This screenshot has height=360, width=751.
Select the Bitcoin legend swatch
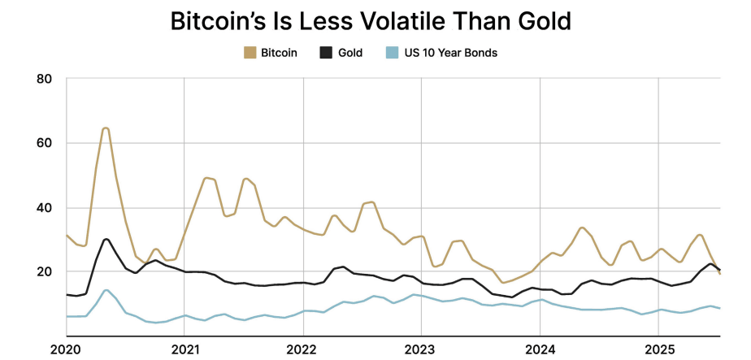250,53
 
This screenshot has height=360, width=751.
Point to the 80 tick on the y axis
45,79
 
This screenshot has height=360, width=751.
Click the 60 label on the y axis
45,143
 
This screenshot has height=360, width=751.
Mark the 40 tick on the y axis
45,207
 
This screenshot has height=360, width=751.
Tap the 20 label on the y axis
45,271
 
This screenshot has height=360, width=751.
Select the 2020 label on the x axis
66,350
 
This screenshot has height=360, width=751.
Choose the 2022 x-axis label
303,350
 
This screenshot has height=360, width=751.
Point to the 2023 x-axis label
422,350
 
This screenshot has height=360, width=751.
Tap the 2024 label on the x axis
540,350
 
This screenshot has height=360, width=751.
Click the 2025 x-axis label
659,350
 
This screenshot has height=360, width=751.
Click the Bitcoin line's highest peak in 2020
106,128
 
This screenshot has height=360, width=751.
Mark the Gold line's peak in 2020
106,239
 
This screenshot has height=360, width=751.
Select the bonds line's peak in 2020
106,290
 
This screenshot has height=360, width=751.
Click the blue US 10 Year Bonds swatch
392,53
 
